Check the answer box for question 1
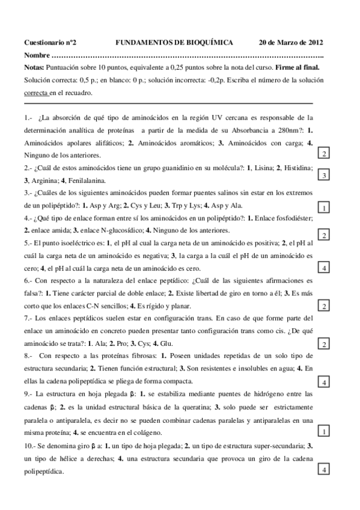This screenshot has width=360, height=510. click(x=324, y=155)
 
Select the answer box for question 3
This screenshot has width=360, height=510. click(x=324, y=208)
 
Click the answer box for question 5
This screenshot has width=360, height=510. click(x=324, y=268)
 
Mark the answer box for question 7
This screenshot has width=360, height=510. click(x=324, y=343)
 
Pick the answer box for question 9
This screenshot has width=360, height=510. click(x=324, y=431)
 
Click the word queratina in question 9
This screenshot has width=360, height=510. click(x=184, y=407)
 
